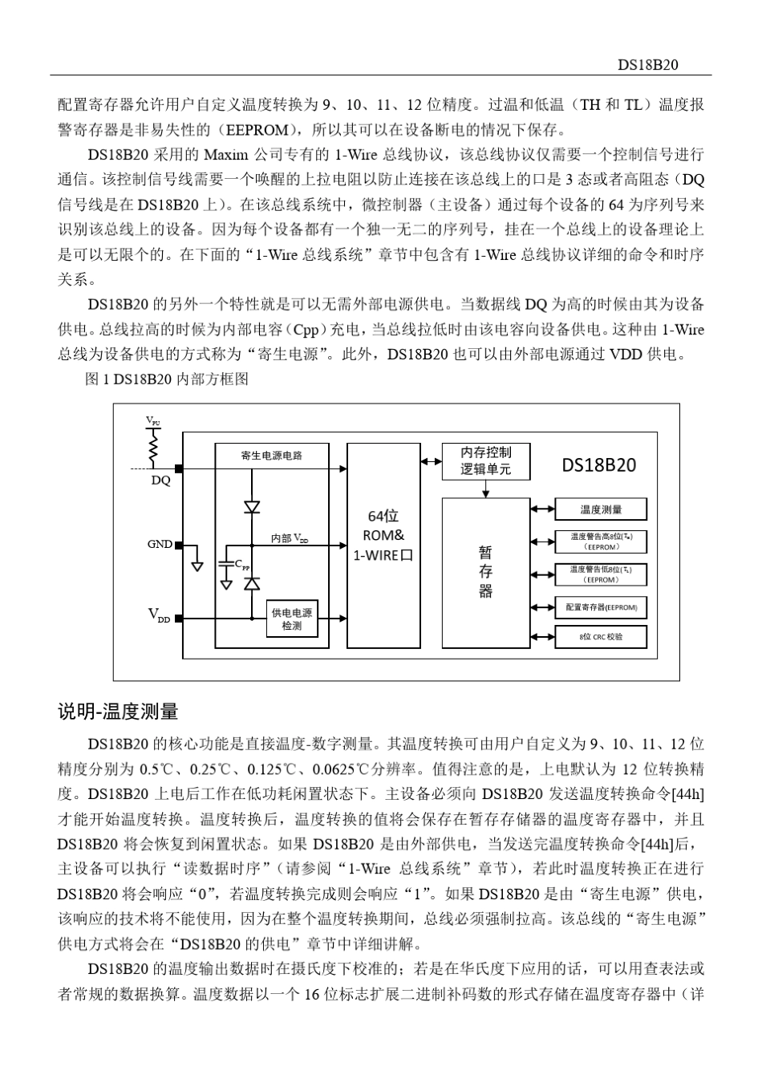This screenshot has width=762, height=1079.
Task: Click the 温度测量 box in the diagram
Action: tap(601, 509)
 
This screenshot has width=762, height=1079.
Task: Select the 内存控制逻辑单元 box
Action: tap(485, 461)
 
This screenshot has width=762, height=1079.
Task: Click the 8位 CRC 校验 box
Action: tap(601, 637)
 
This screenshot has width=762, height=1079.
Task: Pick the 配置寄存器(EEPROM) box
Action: tap(601, 607)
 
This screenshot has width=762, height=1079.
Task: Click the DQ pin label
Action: tap(160, 481)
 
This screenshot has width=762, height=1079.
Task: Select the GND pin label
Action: tap(160, 544)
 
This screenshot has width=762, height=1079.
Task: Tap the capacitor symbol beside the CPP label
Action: tap(228, 564)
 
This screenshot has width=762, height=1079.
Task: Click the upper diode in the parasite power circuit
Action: tap(252, 506)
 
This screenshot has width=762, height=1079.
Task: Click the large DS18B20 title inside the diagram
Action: tap(599, 465)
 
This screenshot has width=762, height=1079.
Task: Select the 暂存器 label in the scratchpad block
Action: tap(485, 571)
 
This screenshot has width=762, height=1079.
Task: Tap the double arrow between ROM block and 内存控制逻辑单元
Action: tap(431, 461)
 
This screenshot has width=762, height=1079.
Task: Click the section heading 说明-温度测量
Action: tap(118, 712)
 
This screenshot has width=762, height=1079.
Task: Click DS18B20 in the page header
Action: tap(649, 65)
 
